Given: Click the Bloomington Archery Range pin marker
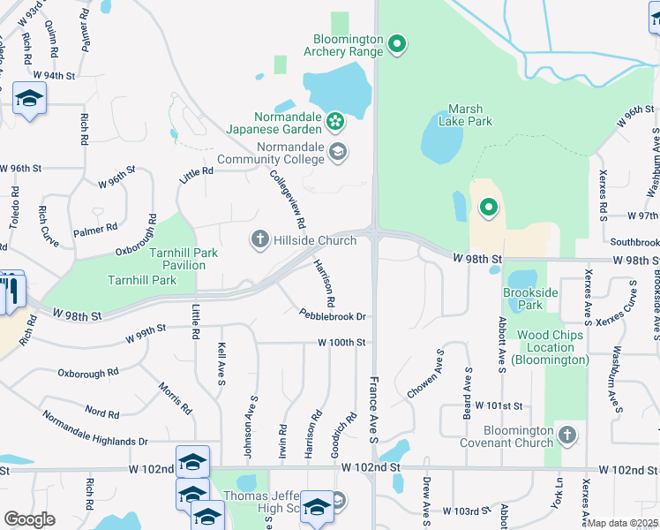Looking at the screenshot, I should coord(397,42).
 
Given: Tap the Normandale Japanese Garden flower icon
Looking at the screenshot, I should coord(334,120).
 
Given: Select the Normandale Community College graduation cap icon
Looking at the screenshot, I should coord(337,152).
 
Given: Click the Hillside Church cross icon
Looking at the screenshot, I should coord(259,238).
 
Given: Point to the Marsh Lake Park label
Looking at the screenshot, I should coord(465,115).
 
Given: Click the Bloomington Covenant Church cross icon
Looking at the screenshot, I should coord(567,435).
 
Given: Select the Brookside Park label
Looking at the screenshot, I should coord(529,299).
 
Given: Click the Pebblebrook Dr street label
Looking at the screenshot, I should coord(332,315).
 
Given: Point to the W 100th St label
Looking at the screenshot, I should coord(341,342).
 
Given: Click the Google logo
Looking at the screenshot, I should coord(29,519).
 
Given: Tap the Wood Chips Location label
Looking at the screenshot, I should coord(552,347).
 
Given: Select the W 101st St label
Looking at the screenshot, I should coord(499,405).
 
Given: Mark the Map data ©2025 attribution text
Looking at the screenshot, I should coord(623,523).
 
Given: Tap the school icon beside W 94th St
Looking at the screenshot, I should coord(30,99).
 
